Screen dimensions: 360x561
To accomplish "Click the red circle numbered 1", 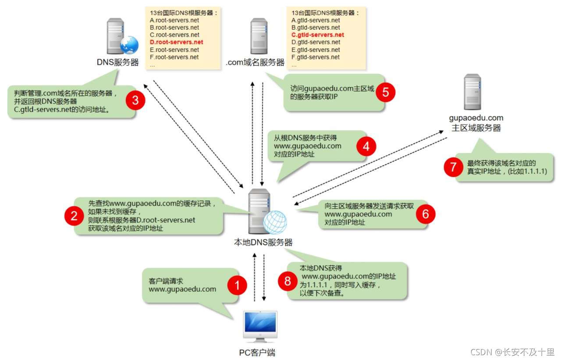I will pyautogui.click(x=237, y=286).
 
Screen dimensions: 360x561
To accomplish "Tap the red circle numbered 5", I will pyautogui.click(x=386, y=92).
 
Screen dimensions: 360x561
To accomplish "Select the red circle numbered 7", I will pyautogui.click(x=453, y=167).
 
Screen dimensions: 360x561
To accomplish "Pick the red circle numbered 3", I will pyautogui.click(x=135, y=100).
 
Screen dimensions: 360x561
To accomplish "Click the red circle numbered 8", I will pyautogui.click(x=288, y=281).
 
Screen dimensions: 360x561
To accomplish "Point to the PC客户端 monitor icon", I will pyautogui.click(x=260, y=326).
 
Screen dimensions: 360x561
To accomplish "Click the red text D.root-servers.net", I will pyautogui.click(x=177, y=42).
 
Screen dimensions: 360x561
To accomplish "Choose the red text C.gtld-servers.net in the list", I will pyautogui.click(x=318, y=35).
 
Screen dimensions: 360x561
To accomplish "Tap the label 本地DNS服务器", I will pyautogui.click(x=263, y=242).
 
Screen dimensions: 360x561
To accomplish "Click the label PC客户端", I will pyautogui.click(x=257, y=352).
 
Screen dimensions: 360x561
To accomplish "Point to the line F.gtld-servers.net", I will pyautogui.click(x=316, y=57).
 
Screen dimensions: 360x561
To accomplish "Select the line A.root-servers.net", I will pyautogui.click(x=174, y=20).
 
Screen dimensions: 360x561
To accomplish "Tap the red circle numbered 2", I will pyautogui.click(x=74, y=216).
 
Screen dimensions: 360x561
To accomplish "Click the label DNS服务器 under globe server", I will pyautogui.click(x=117, y=62).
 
